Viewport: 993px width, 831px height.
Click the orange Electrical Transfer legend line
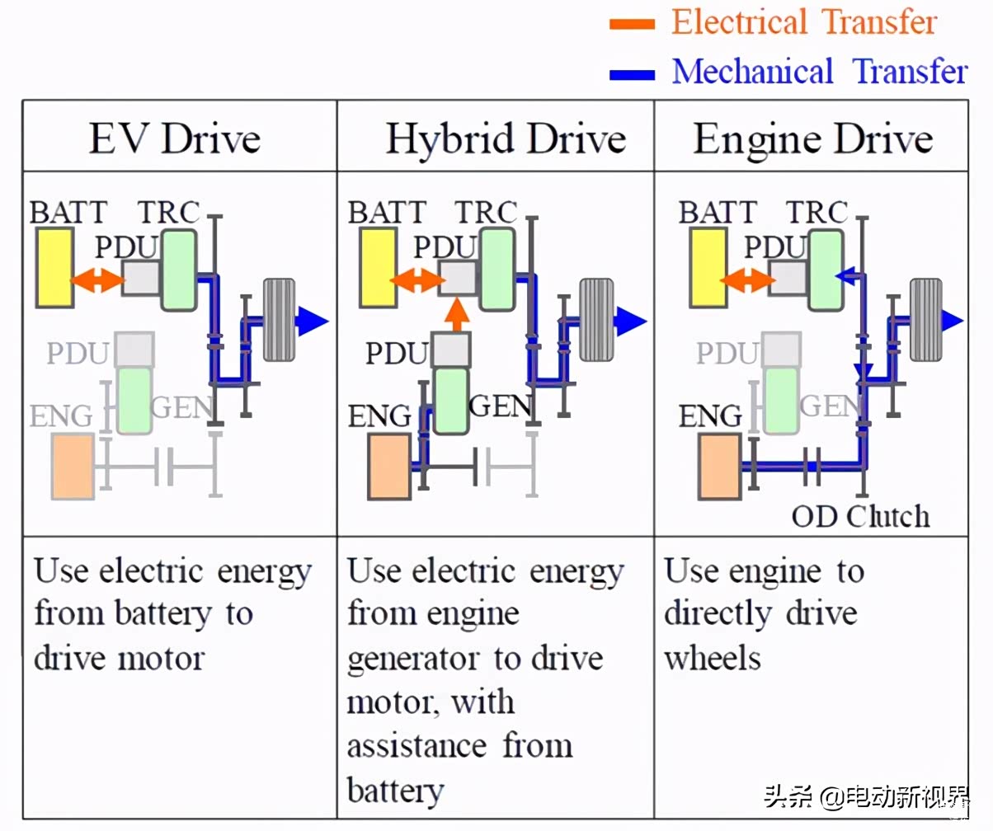[632, 23]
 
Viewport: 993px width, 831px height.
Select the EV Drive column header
[174, 138]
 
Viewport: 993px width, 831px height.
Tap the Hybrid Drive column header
[506, 138]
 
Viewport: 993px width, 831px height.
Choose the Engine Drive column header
[813, 138]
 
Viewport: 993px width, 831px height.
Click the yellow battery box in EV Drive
[54, 265]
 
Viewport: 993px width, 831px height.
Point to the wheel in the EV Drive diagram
[279, 320]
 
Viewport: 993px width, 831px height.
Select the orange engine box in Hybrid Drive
[389, 467]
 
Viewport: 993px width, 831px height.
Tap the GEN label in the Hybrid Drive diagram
[500, 406]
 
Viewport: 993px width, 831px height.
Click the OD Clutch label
[860, 517]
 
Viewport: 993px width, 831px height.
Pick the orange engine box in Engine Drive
[719, 467]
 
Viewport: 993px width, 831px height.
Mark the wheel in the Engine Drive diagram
[926, 320]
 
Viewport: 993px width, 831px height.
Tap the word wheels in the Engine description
[713, 658]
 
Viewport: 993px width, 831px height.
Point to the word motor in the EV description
[157, 658]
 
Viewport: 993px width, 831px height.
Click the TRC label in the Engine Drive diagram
[817, 212]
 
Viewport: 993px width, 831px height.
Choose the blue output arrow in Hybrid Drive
[631, 320]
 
